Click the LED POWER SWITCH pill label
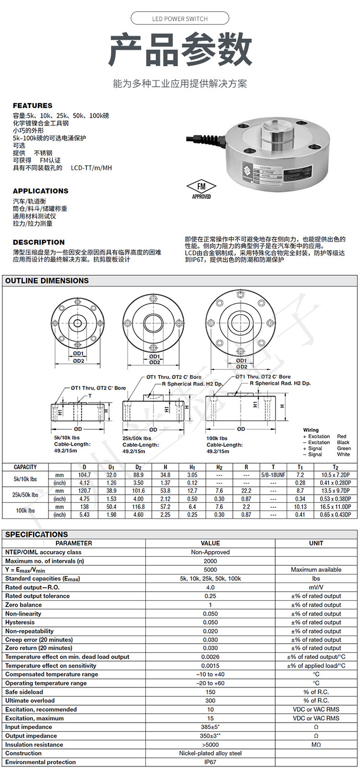click(180, 19)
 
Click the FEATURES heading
click(33, 106)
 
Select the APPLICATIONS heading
click(40, 191)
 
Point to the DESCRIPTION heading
click(38, 242)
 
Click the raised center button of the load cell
click(276, 130)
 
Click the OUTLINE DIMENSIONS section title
click(47, 280)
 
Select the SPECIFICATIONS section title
click(36, 534)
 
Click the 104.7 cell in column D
click(84, 475)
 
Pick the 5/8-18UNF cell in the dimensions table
click(273, 475)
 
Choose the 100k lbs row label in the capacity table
click(25, 511)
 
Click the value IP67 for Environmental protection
click(210, 762)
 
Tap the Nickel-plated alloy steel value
click(210, 753)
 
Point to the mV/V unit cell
click(316, 587)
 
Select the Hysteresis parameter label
click(20, 622)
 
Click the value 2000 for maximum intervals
click(210, 561)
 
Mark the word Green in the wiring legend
click(344, 449)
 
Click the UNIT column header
click(316, 543)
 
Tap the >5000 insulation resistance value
click(210, 744)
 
